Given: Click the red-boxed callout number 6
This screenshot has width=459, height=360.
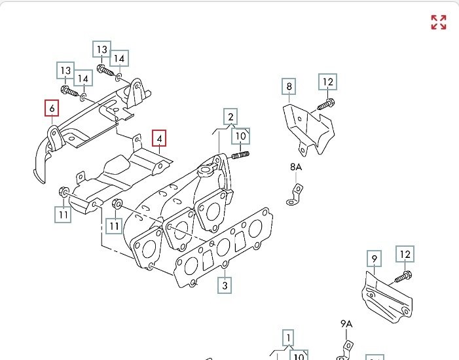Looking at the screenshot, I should (x=50, y=108).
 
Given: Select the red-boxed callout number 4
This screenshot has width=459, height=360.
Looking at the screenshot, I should (x=159, y=139).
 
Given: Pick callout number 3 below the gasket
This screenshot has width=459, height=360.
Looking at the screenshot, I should (x=224, y=285).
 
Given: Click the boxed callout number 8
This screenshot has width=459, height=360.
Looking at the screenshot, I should (x=289, y=86).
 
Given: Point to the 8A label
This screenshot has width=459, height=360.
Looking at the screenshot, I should (x=296, y=168).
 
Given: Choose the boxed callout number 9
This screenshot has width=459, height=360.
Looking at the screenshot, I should (x=374, y=259).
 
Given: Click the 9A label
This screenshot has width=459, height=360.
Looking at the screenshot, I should (x=346, y=324).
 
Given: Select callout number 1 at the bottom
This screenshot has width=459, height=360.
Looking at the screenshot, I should (x=287, y=338).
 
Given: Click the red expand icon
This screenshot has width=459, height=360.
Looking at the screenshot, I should (x=438, y=22).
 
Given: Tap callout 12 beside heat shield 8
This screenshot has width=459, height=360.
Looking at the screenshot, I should (x=327, y=82).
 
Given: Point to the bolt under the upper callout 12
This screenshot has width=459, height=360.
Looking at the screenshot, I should (x=327, y=103).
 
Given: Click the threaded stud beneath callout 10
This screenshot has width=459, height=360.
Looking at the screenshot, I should (x=241, y=154).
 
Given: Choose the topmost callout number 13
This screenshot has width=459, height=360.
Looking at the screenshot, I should (x=101, y=50).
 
